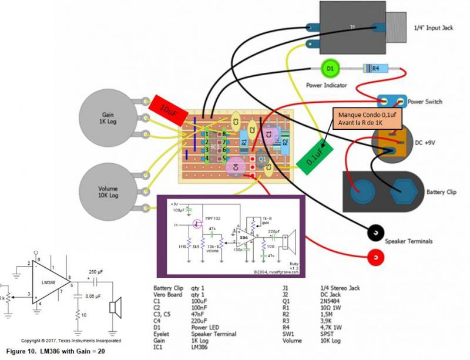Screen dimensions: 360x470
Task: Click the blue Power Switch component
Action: click(391, 101)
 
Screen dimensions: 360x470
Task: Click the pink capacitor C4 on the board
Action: click(236, 167)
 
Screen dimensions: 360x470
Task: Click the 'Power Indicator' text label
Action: click(326, 85)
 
